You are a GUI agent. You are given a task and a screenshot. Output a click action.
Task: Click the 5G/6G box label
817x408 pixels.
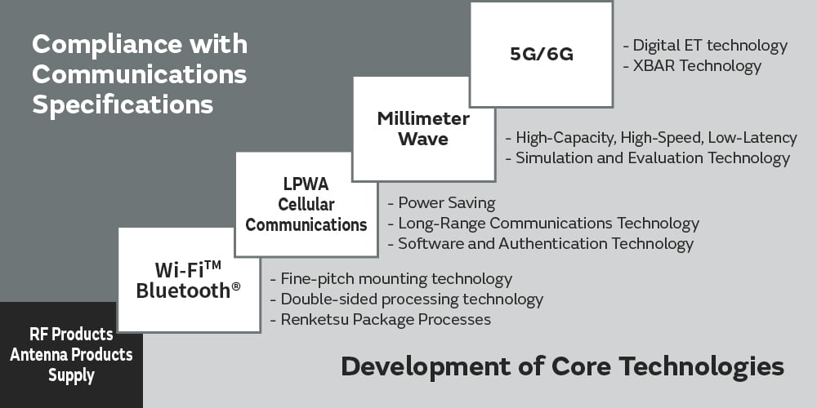pyautogui.click(x=542, y=54)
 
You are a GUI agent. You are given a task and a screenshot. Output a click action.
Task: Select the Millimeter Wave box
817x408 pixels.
pyautogui.click(x=423, y=129)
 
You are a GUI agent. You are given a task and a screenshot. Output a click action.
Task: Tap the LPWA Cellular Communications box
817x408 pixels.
pyautogui.click(x=306, y=205)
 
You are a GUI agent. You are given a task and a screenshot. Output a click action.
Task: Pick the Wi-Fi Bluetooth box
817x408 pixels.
pyautogui.click(x=190, y=280)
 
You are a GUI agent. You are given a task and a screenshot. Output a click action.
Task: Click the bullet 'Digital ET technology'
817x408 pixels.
pyautogui.click(x=705, y=46)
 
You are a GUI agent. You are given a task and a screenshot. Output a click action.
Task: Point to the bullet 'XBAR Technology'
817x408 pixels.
pyautogui.click(x=692, y=66)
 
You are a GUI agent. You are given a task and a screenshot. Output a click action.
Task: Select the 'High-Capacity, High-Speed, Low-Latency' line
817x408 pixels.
pyautogui.click(x=651, y=138)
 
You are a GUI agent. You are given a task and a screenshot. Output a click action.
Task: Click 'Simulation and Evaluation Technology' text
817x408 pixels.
pyautogui.click(x=648, y=157)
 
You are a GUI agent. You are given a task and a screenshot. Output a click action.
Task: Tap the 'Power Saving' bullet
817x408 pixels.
pyautogui.click(x=441, y=203)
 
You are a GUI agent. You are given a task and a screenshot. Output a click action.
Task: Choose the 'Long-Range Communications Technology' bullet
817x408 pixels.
pyautogui.click(x=543, y=224)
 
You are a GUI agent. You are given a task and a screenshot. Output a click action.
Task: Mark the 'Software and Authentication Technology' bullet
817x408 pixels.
pyautogui.click(x=540, y=243)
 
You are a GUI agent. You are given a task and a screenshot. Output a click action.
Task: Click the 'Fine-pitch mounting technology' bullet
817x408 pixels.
pyautogui.click(x=391, y=279)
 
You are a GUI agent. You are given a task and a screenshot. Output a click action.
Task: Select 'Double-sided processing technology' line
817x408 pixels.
pyautogui.click(x=406, y=299)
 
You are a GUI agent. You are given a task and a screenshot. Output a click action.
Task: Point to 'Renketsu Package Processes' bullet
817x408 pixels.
pyautogui.click(x=381, y=319)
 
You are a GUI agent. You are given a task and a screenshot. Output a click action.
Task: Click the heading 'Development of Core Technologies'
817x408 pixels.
pyautogui.click(x=563, y=366)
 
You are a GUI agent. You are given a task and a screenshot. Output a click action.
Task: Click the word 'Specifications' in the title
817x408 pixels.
pyautogui.click(x=123, y=104)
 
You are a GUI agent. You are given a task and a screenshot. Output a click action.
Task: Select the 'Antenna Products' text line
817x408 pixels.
pyautogui.click(x=71, y=355)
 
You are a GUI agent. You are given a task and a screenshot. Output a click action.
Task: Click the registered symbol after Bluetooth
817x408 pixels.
pyautogui.click(x=236, y=286)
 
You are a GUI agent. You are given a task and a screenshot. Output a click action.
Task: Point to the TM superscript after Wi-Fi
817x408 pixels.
pyautogui.click(x=212, y=265)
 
